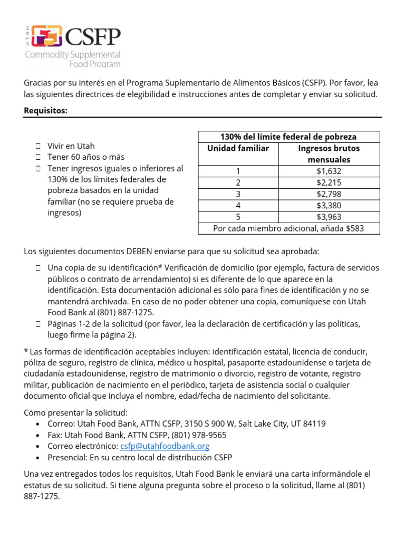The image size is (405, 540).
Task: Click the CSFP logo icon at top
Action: coord(47,36)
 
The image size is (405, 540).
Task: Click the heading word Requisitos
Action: coord(45,111)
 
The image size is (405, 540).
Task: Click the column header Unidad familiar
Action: coord(238,149)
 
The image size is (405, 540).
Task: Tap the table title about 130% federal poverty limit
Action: coord(288,137)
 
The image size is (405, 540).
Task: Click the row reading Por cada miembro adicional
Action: coord(288,229)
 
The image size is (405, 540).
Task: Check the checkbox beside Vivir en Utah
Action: coord(38,146)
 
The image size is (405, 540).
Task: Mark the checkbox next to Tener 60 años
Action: coord(38,157)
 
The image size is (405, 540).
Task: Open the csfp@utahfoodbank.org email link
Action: coord(165,446)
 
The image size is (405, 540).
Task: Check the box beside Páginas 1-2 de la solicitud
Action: coord(38,324)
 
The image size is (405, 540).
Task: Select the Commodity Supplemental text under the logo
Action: coord(73,55)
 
